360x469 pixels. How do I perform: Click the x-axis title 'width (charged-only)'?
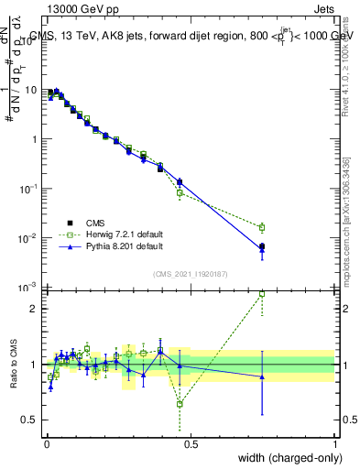tap(285, 458)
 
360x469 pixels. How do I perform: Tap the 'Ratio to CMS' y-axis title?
tap(15, 364)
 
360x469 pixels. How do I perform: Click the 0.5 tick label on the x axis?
tap(191, 442)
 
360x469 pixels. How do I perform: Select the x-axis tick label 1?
tap(334, 442)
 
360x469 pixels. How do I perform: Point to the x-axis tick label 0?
tap(47, 442)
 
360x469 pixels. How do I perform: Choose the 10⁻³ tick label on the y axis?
tap(30, 288)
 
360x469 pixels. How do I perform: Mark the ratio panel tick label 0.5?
tap(33, 420)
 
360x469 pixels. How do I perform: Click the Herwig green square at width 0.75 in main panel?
tap(262, 227)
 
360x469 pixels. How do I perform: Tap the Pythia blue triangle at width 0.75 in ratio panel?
tap(262, 376)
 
